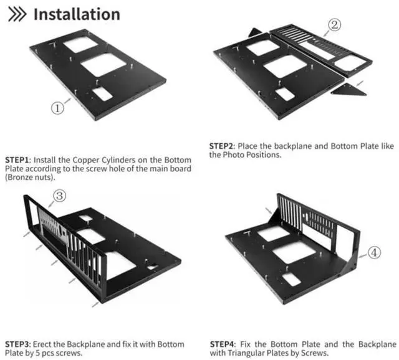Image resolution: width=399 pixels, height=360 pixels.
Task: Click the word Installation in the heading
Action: click(76, 14)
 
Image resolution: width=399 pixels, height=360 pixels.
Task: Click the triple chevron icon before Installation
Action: click(16, 14)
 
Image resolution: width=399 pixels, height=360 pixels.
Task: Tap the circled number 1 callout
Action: click(57, 107)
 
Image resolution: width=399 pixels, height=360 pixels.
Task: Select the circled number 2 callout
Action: click(335, 25)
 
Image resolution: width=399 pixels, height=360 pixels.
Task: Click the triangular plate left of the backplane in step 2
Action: click(254, 32)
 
